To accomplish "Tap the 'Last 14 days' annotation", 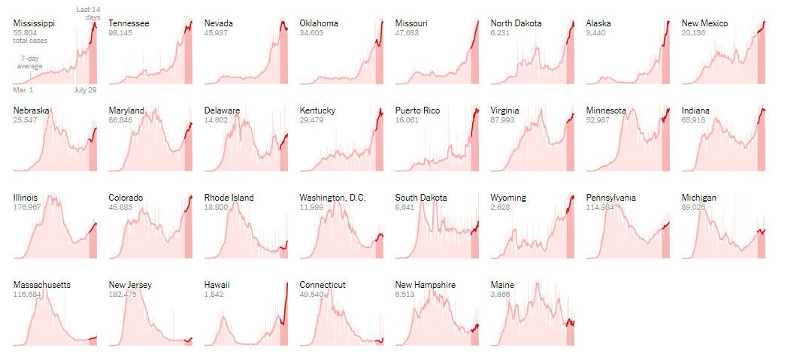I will click(x=89, y=13).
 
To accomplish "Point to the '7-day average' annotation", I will click(x=29, y=62).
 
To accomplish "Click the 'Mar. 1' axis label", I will click(x=23, y=89).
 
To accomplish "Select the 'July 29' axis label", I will click(x=85, y=89).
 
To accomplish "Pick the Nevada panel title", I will click(x=218, y=23).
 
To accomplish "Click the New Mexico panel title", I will click(x=704, y=23).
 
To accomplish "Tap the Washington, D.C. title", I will click(x=332, y=198).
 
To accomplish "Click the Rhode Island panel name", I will click(x=229, y=198).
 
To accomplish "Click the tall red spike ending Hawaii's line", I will click(x=287, y=286).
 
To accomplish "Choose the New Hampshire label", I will click(x=425, y=285).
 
